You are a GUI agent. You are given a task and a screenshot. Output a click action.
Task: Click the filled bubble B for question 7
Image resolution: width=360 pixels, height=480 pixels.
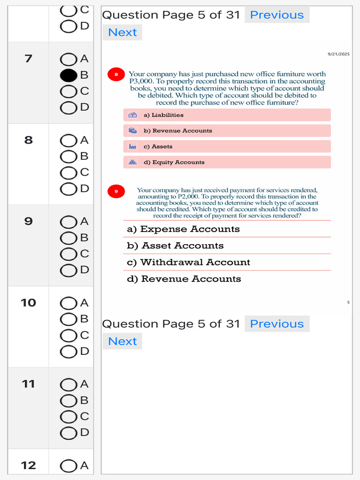(x=68, y=75)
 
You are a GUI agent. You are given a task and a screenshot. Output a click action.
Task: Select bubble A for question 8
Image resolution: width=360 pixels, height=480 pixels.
(x=68, y=140)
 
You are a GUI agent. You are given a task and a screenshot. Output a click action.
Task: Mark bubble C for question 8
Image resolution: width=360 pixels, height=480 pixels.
(x=68, y=172)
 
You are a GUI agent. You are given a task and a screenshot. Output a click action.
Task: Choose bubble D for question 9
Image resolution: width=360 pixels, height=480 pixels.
(x=68, y=270)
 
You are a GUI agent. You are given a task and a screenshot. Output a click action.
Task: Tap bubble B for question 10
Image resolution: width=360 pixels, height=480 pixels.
(x=68, y=319)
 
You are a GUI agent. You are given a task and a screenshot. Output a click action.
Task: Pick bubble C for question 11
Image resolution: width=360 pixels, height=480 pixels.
(x=68, y=416)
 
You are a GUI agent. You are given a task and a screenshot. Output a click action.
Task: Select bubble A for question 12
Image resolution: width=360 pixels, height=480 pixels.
(x=68, y=465)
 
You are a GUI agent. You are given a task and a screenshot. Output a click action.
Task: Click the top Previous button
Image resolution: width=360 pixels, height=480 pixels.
(x=277, y=15)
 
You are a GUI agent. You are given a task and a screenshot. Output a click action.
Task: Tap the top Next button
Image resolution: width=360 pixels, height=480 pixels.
(x=122, y=32)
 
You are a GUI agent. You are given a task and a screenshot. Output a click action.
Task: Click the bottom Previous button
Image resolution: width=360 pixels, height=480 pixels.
(x=277, y=324)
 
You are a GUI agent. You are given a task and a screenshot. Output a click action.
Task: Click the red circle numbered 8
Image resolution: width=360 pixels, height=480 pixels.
(x=116, y=74)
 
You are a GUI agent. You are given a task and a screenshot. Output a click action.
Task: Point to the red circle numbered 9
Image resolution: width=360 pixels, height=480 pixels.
(x=116, y=191)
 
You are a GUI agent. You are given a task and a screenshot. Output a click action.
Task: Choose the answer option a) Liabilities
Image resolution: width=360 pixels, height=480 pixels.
(x=227, y=115)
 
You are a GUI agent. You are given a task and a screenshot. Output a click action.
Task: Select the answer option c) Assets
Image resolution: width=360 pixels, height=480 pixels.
(x=227, y=147)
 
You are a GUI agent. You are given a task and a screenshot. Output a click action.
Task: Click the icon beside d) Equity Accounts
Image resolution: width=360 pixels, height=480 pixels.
(x=133, y=162)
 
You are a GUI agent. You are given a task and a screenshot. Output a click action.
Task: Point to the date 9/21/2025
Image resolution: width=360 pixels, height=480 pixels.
(x=338, y=54)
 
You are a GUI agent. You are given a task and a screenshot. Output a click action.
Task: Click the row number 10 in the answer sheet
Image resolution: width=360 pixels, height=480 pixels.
(x=28, y=303)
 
